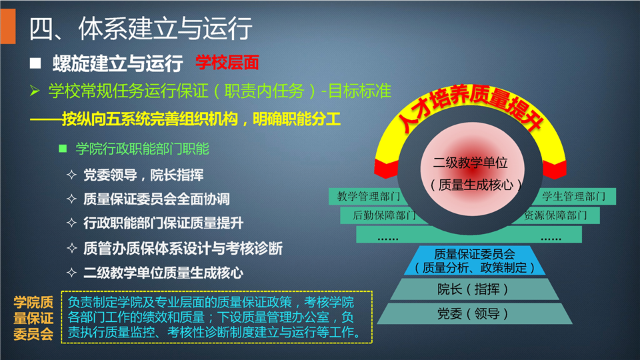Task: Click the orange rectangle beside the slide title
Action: (8, 26)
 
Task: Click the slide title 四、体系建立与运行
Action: (141, 29)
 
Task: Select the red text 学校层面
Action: (227, 63)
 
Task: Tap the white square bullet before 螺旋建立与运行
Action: (35, 63)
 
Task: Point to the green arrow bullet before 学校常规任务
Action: (35, 91)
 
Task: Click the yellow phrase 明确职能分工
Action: (297, 119)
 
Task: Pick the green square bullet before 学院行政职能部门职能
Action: (63, 148)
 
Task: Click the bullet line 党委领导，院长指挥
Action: (143, 175)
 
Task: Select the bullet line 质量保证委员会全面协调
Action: (156, 199)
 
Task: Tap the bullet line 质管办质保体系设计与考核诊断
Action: (183, 248)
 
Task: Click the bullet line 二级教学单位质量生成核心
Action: (163, 273)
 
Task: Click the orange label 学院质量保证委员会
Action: (33, 318)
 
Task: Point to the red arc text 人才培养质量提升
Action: (470, 107)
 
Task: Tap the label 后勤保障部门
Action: (384, 215)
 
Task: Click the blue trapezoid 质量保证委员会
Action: (474, 261)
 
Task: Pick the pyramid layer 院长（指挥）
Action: (474, 289)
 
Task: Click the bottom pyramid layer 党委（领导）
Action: (474, 313)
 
